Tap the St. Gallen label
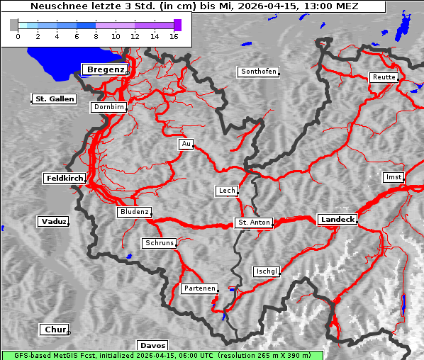[x=54, y=99]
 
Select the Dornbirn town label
[x=109, y=108]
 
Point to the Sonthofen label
[x=258, y=72]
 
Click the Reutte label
[x=384, y=77]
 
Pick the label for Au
[x=186, y=145]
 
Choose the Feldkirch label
[x=65, y=179]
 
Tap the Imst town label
[x=392, y=177]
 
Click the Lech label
[x=226, y=191]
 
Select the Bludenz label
[x=134, y=212]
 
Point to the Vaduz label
[x=53, y=222]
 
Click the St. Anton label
[x=253, y=223]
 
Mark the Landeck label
[x=337, y=220]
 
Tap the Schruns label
[x=159, y=243]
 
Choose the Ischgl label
[x=267, y=271]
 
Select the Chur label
[x=54, y=330]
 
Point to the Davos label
[x=152, y=346]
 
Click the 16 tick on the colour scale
[x=174, y=35]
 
